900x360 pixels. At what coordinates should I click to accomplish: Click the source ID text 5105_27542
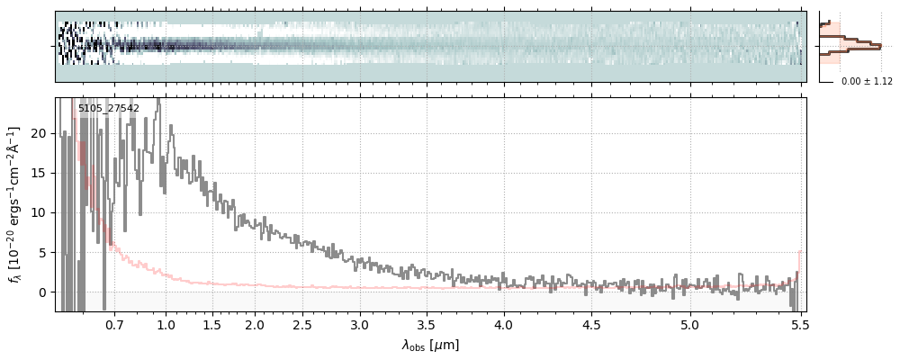tap(108, 109)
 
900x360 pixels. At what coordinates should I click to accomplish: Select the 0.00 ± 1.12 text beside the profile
tap(867, 82)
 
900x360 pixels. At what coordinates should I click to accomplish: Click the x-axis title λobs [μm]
tap(430, 345)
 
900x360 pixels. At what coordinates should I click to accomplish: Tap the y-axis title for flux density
tap(15, 204)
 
